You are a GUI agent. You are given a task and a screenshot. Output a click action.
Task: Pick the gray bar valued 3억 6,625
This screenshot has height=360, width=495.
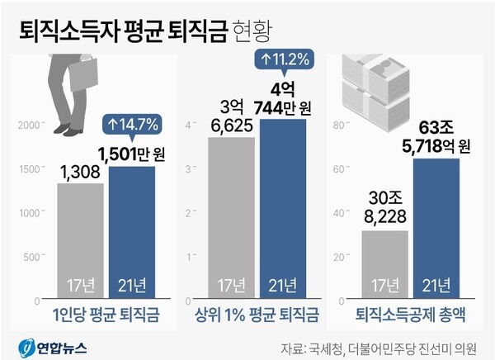pyautogui.click(x=231, y=216)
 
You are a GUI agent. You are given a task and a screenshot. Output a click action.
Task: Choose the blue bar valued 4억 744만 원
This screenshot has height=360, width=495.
pyautogui.click(x=283, y=206)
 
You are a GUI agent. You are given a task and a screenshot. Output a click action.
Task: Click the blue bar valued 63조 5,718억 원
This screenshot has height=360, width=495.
pyautogui.click(x=436, y=227)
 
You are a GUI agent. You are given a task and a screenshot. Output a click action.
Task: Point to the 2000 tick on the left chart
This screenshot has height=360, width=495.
pyautogui.click(x=29, y=125)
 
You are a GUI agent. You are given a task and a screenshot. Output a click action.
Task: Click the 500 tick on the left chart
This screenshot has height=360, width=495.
pyautogui.click(x=33, y=256)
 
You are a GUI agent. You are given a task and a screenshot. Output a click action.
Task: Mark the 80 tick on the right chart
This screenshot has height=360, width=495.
pyautogui.click(x=337, y=125)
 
